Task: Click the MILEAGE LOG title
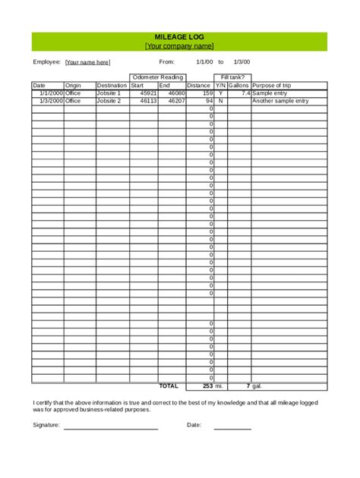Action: point(179,36)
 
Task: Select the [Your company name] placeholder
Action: point(179,46)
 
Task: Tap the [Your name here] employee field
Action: point(87,62)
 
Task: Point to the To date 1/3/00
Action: point(242,62)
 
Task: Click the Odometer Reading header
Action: point(157,77)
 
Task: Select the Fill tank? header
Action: point(231,77)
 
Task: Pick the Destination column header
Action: point(112,86)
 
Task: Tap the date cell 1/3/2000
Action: point(47,100)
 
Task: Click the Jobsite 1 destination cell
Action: point(109,93)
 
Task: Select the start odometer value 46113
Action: point(148,100)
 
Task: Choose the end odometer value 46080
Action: point(176,93)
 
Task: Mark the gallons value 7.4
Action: point(245,93)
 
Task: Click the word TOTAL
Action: point(168,385)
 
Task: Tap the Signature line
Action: point(110,428)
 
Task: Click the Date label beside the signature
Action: point(194,425)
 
